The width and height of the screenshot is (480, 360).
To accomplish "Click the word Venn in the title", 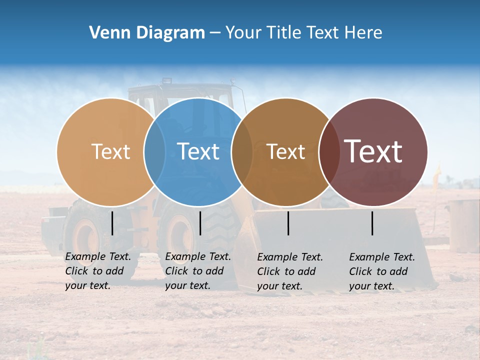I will coord(107,33).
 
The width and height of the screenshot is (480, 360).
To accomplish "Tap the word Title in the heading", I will coord(284,33).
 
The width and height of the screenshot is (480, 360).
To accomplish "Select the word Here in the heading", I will coord(364,33).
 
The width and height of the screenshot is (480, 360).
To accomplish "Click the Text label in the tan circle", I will coord(110,151).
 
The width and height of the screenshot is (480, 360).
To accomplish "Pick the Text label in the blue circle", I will coord(198,151).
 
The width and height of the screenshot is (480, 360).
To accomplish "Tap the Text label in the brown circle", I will coord(285,151).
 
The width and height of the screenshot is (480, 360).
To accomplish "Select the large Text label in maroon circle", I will coord(373,151).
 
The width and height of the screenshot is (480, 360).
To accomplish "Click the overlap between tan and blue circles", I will coord(154,151).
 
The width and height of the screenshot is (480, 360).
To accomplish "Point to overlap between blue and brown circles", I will coord(242,151).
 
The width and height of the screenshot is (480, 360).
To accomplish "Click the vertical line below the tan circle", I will coord(112,223).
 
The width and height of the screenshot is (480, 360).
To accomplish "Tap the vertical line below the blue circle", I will coord(200,223).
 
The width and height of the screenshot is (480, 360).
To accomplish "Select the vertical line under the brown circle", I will coord(288,223).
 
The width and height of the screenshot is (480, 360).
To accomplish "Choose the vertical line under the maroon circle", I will coord(372,223).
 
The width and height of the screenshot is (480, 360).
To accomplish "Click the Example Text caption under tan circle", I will coord(98,271).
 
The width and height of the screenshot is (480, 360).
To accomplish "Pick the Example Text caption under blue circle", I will coord(198,271).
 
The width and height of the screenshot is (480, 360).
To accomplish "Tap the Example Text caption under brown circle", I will coord(290,271).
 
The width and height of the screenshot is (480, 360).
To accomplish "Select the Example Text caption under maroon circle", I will coord(382,271).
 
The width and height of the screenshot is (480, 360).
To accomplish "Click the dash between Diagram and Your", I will coord(215,33).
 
